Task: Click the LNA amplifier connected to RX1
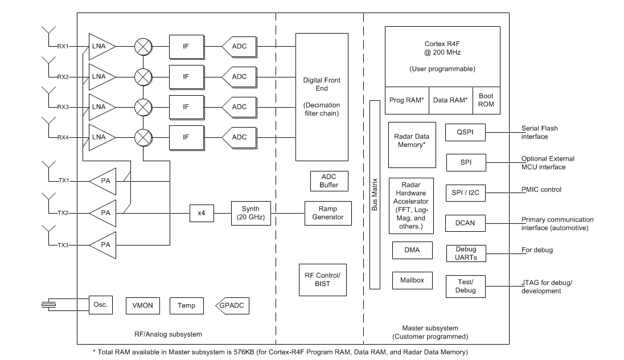100,46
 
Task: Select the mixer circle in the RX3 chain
142,107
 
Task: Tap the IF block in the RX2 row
186,76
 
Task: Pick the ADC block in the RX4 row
238,137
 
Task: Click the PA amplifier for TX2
104,213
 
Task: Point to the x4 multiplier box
201,213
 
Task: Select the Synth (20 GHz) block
250,213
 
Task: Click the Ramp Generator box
328,213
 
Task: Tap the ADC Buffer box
329,181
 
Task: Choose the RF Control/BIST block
322,280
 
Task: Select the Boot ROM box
486,100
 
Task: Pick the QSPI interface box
466,132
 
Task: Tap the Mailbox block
412,280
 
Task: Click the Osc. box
100,305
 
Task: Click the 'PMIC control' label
541,190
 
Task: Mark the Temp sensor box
186,306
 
